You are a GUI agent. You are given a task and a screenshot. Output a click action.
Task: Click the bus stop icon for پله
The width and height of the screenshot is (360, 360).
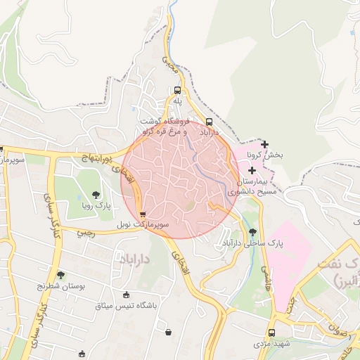pos(177,91)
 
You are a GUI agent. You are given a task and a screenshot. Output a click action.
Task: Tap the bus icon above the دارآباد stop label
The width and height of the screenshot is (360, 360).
pos(210,121)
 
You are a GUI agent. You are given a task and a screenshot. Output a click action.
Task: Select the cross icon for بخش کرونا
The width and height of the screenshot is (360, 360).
pos(264,144)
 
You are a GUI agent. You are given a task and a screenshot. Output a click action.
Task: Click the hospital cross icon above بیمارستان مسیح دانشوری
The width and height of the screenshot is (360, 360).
pos(252,171)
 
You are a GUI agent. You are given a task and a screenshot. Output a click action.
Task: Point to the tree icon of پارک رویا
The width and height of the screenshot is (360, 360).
pos(96,195)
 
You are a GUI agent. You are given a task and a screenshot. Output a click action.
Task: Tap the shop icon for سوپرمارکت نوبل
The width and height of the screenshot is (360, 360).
pos(143,214)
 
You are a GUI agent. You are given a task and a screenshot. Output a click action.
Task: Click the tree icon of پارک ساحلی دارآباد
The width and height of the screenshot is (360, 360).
pos(252,232)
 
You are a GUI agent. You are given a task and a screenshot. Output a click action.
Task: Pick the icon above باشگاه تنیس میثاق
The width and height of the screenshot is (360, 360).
pos(126,295)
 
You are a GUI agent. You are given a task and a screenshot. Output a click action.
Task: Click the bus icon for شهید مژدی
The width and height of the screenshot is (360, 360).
pos(271,333)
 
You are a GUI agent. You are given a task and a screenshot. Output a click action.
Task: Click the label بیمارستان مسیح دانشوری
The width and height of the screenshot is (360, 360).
pos(252,186)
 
